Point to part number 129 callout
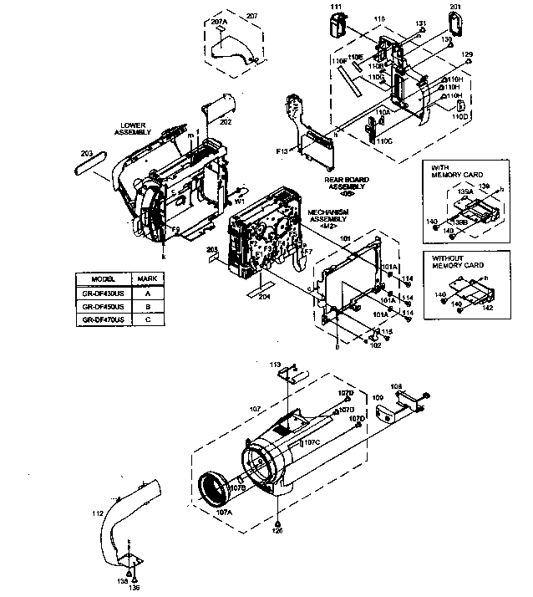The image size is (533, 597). click(468, 54)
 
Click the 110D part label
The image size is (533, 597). click(460, 117)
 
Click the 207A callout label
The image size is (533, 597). click(220, 17)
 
